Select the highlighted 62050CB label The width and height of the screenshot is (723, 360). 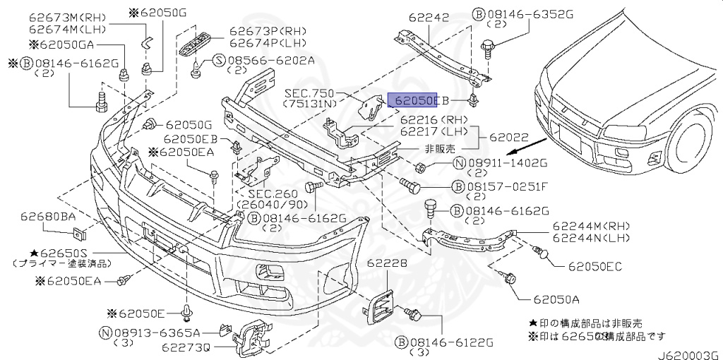[x=416, y=100]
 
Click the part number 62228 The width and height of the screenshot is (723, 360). [x=386, y=263]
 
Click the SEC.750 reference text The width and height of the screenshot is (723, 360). [x=308, y=93]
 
